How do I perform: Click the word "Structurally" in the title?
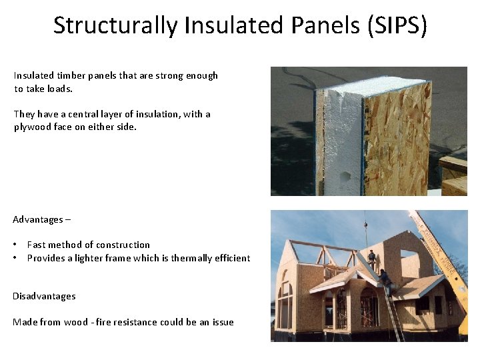point(115,25)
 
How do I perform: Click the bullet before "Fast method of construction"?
point(16,245)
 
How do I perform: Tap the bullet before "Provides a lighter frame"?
point(16,258)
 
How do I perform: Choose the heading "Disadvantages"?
point(44,296)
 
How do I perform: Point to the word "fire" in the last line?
point(104,322)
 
